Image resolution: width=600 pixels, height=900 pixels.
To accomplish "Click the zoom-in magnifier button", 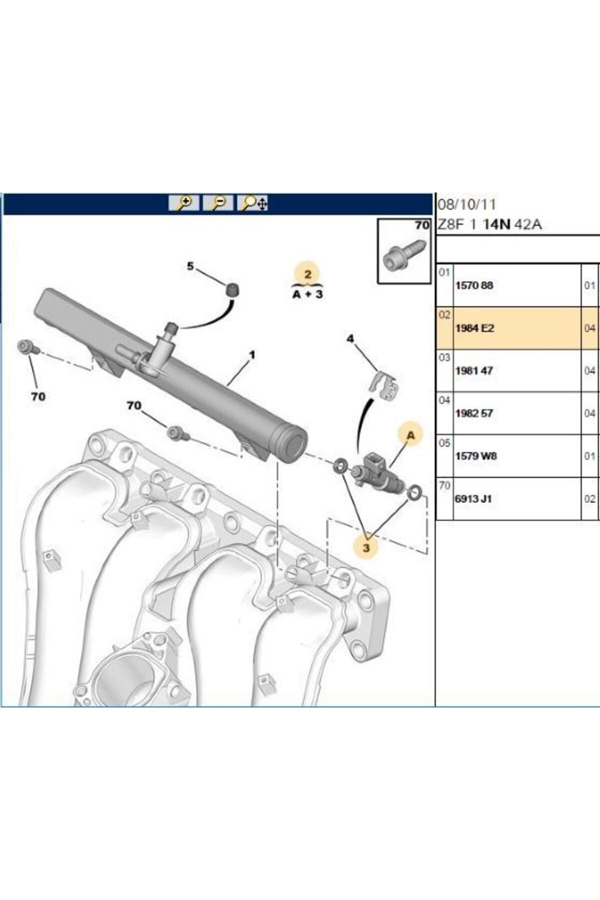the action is tap(184, 203).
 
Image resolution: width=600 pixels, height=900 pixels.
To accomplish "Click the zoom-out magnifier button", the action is tap(218, 203).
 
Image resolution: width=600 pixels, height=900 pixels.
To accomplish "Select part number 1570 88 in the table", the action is tap(474, 285).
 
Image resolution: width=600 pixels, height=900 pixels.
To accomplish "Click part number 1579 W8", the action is tap(476, 456).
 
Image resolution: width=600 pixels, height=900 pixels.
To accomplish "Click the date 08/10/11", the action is tap(467, 204).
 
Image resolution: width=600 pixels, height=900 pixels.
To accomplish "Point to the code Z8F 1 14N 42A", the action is tap(489, 224).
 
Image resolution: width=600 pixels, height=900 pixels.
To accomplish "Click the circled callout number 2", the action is tap(307, 274).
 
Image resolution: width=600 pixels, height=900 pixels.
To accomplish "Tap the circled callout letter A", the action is tap(410, 435).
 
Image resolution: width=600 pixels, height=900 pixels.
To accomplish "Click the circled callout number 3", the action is tap(366, 547).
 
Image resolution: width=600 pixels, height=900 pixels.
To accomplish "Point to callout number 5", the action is tap(190, 266).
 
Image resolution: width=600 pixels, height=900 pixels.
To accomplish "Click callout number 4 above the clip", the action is tap(350, 338).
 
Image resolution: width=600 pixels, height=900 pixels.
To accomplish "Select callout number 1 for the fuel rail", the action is tap(252, 354).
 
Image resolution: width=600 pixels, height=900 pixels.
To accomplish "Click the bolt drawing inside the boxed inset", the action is tap(404, 255).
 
